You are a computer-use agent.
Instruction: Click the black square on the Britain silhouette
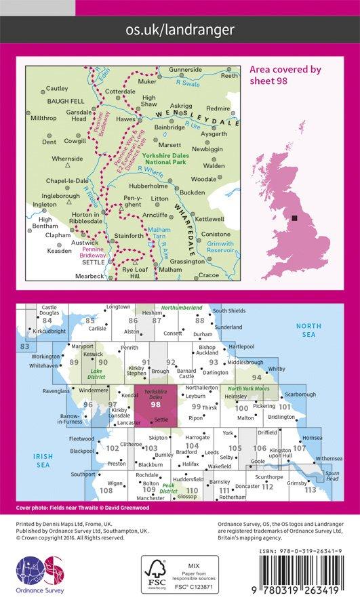pyautogui.click(x=294, y=218)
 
